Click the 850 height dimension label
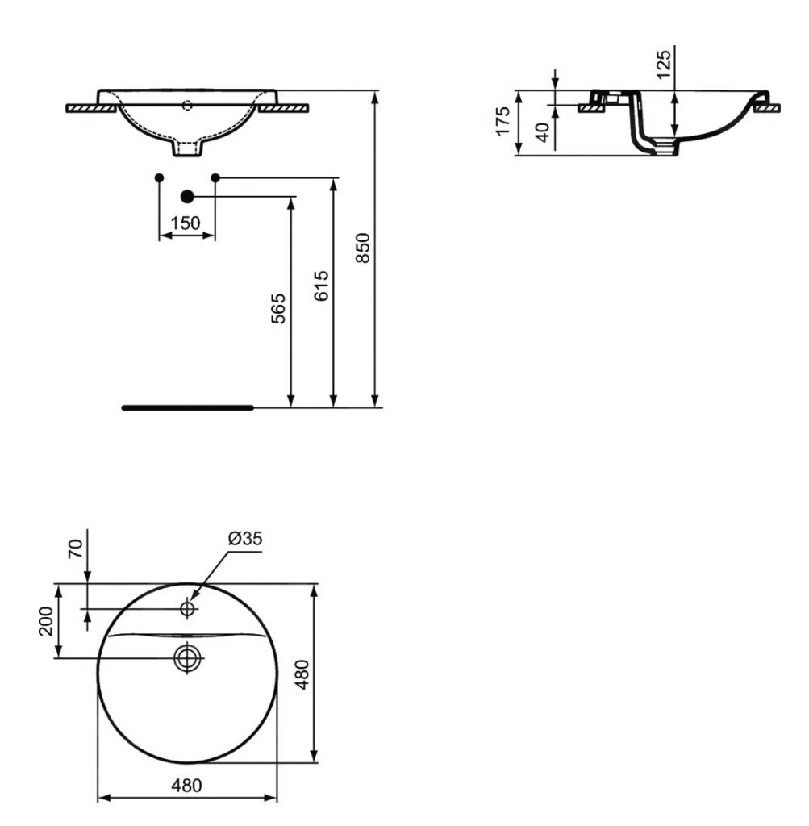tap(364, 248)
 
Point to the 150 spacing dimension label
tap(186, 223)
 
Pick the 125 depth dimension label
tap(664, 64)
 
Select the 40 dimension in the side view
tap(543, 131)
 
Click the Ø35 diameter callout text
tap(245, 538)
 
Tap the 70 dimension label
tap(75, 549)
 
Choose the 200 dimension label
tap(46, 620)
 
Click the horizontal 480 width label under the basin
tap(186, 785)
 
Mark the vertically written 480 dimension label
tap(302, 673)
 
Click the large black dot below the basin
tap(187, 196)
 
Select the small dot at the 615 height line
tap(215, 177)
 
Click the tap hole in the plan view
tap(188, 609)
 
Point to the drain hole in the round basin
tap(187, 658)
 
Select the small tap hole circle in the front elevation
tap(188, 103)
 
